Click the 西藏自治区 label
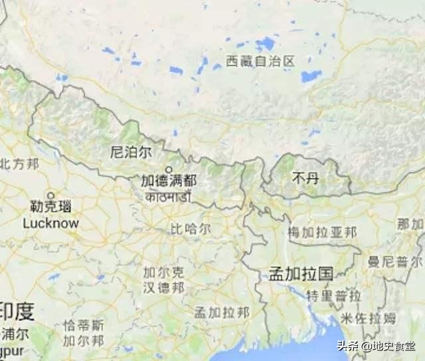(260, 62)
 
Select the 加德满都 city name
(169, 180)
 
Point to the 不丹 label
(305, 178)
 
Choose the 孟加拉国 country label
(301, 273)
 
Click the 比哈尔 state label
(191, 229)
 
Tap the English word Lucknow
(50, 224)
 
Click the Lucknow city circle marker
(50, 197)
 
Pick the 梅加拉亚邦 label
(322, 233)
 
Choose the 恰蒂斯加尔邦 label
(84, 333)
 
